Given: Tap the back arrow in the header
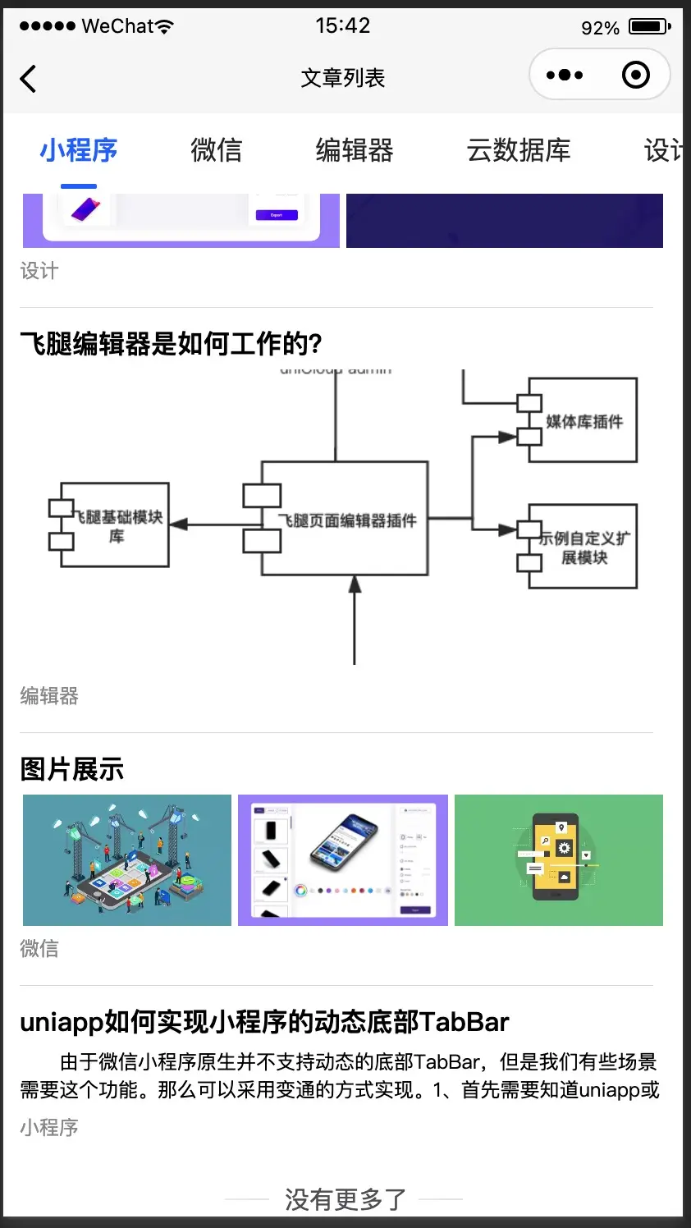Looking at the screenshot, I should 29,79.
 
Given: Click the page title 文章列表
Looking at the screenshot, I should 343,78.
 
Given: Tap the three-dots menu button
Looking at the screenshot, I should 565,76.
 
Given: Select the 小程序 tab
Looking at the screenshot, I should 79,150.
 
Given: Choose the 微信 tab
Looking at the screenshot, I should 217,150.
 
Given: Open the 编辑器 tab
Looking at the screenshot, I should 355,150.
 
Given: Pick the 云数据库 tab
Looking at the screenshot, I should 519,150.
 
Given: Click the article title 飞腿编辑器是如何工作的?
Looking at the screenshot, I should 172,344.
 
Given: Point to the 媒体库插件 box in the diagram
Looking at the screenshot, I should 583,421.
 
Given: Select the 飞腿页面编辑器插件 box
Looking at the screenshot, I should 345,520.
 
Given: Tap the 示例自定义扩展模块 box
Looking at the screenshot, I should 583,547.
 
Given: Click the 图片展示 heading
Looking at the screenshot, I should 72,769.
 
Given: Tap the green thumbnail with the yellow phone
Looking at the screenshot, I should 559,859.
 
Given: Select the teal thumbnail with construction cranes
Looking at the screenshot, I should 127,859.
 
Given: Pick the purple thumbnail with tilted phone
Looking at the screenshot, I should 343,859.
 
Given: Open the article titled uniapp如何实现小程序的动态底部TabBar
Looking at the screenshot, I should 264,1022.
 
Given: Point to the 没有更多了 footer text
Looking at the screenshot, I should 345,1199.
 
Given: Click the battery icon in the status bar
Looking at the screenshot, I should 649,26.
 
